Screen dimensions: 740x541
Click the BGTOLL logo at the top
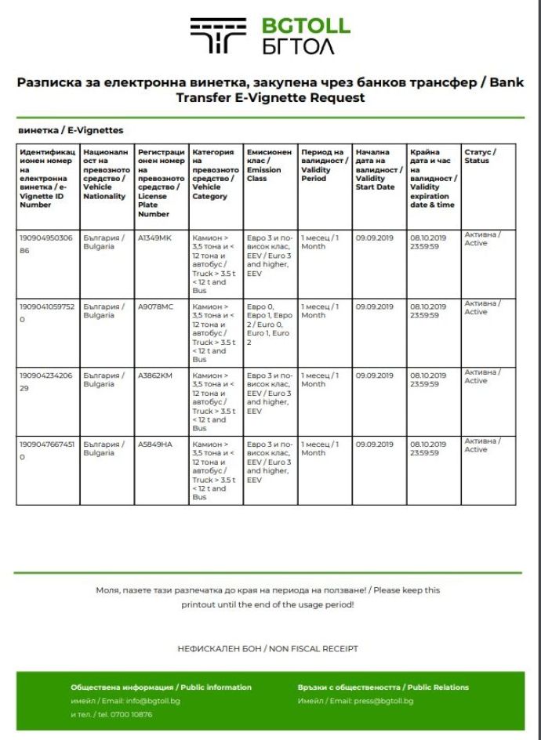[270, 36]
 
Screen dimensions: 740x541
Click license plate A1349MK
[154, 238]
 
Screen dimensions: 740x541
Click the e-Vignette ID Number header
[46, 178]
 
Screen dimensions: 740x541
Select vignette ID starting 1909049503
[46, 242]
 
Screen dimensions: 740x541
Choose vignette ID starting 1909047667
[46, 449]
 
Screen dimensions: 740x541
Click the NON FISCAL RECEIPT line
[269, 649]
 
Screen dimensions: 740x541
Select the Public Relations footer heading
[383, 687]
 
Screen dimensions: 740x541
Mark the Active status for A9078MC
[479, 307]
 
